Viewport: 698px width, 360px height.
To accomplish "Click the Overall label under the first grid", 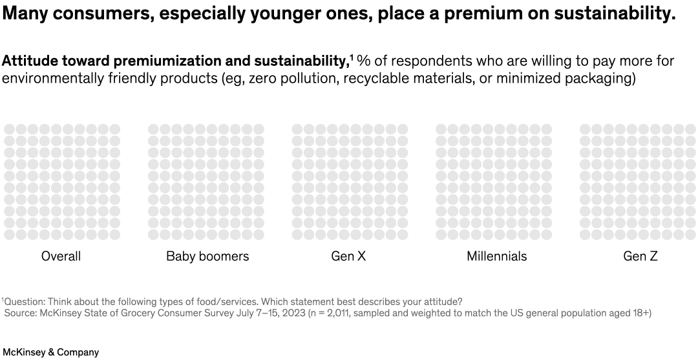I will coord(61,257).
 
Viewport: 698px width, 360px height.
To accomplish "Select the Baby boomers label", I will coord(207,257).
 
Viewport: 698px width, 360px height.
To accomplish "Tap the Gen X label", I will coord(348,257).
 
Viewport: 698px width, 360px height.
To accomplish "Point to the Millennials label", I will coord(496,257).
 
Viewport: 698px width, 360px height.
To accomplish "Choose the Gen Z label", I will coord(640,257).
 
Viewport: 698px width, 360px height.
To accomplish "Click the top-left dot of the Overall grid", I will coord(10,129).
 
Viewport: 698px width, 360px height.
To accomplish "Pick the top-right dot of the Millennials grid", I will coord(547,129).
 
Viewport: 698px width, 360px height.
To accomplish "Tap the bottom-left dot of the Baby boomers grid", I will coord(154,235).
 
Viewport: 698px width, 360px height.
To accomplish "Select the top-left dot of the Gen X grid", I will coord(297,129).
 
